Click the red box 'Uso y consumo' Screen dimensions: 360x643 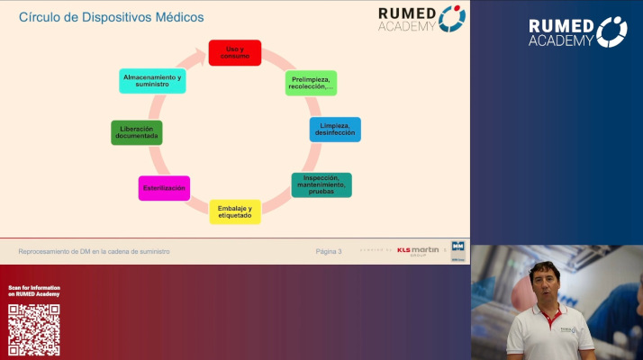(x=234, y=52)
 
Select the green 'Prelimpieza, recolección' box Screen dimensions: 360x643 (x=311, y=84)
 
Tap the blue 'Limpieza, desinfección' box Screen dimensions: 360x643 (x=335, y=130)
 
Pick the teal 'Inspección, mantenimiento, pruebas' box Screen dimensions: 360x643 (x=321, y=185)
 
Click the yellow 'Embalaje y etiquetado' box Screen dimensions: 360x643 (x=235, y=211)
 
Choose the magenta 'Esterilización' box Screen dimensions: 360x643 (x=164, y=188)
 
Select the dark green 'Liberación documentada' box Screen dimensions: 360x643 (x=136, y=132)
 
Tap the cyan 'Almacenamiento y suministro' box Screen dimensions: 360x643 (x=152, y=80)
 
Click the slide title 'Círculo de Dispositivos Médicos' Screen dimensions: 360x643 (x=111, y=17)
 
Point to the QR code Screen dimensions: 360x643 (x=34, y=329)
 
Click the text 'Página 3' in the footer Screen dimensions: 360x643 (x=329, y=251)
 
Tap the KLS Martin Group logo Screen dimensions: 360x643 (x=417, y=251)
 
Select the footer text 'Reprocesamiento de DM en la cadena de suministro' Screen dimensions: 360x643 (x=94, y=251)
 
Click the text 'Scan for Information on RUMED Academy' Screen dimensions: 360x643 (x=34, y=291)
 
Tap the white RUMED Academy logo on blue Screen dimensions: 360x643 (x=577, y=31)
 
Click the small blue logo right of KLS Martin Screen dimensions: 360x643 (x=457, y=251)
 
